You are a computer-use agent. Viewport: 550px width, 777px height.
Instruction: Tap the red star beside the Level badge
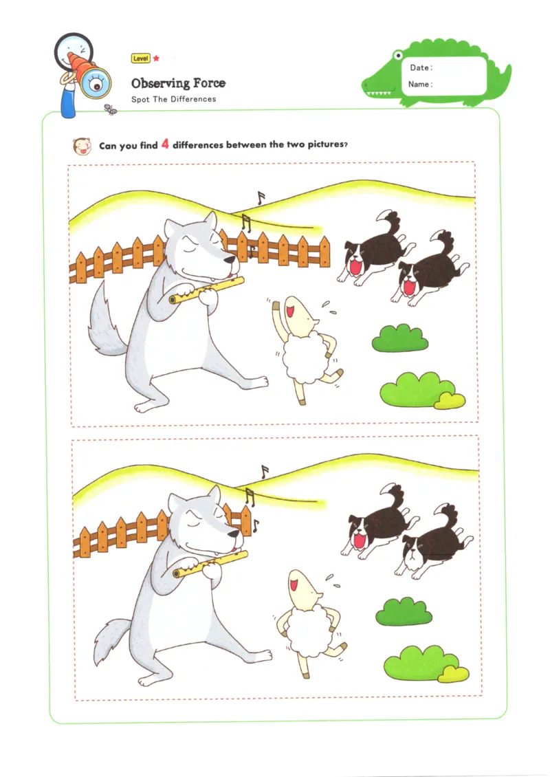click(x=156, y=59)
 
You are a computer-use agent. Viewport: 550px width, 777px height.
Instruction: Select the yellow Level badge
click(x=140, y=59)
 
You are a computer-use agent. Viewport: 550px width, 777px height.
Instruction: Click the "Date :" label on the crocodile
click(x=421, y=68)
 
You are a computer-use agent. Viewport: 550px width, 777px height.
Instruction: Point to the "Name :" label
click(x=420, y=85)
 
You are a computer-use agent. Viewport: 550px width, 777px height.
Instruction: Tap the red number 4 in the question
click(x=165, y=144)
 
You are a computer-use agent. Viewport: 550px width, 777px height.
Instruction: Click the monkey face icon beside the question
click(x=82, y=146)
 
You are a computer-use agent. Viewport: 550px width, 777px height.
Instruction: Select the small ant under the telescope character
click(x=109, y=108)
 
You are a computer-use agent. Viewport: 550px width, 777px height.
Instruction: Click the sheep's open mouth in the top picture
click(x=291, y=309)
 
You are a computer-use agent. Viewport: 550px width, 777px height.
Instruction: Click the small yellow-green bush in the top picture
click(x=450, y=400)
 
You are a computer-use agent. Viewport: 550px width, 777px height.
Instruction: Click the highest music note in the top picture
click(x=260, y=198)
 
